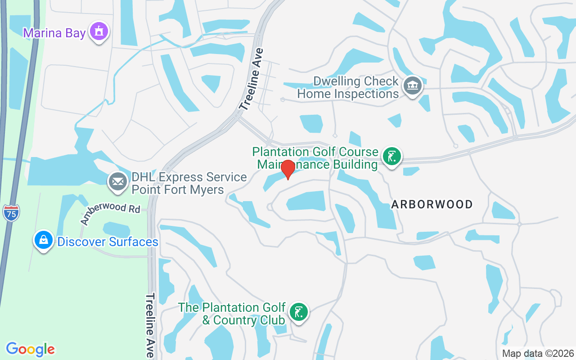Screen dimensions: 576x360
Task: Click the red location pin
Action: pos(288,169)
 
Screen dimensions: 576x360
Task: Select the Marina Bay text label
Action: pos(54,33)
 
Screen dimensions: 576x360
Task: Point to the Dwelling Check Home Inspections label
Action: pos(348,88)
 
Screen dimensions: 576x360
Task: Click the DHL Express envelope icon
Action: pos(118,182)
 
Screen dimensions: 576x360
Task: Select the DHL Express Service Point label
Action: pos(189,183)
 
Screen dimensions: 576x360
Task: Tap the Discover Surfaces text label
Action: pos(108,242)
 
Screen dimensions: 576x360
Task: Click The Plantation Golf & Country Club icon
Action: pos(298,312)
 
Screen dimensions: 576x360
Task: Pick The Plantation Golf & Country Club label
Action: pos(232,314)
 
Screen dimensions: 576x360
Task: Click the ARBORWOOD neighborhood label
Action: pos(432,204)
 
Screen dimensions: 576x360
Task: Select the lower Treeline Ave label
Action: pos(150,325)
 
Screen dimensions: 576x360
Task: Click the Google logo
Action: pos(31,349)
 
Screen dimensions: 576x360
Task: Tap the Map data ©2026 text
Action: pos(538,353)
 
